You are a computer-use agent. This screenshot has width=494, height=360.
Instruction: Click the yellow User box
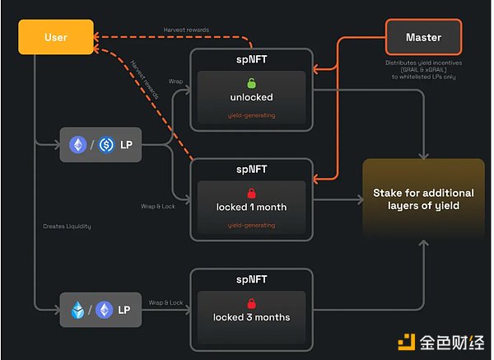(x=55, y=37)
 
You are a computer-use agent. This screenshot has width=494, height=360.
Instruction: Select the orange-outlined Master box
(x=423, y=37)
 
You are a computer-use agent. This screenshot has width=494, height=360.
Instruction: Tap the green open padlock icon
(x=251, y=83)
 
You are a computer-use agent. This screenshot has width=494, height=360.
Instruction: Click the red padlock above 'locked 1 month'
(x=251, y=192)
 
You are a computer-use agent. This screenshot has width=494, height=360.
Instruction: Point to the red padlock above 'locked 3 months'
(x=251, y=302)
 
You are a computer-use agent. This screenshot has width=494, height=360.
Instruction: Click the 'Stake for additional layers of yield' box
(x=423, y=199)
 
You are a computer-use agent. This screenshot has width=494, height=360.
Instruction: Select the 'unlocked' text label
(x=251, y=97)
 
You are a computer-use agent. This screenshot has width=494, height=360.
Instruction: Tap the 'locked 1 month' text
(x=251, y=207)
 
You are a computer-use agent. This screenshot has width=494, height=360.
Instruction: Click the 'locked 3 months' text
(x=251, y=317)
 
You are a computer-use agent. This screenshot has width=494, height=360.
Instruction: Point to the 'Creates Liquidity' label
(x=68, y=226)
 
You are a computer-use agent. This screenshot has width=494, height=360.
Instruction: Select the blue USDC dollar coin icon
(x=106, y=145)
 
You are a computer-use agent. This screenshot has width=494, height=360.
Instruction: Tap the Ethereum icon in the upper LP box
(x=79, y=145)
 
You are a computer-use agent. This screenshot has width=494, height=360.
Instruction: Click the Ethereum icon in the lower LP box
(x=105, y=310)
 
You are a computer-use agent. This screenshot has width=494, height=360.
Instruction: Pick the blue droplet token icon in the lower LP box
(x=78, y=310)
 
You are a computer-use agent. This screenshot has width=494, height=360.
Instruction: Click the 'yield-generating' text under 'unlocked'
(x=251, y=115)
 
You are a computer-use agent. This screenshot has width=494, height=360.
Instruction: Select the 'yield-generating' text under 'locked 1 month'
(x=251, y=224)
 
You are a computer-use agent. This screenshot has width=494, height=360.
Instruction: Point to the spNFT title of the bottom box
(x=251, y=279)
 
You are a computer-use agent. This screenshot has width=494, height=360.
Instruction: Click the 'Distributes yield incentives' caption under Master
(x=424, y=63)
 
